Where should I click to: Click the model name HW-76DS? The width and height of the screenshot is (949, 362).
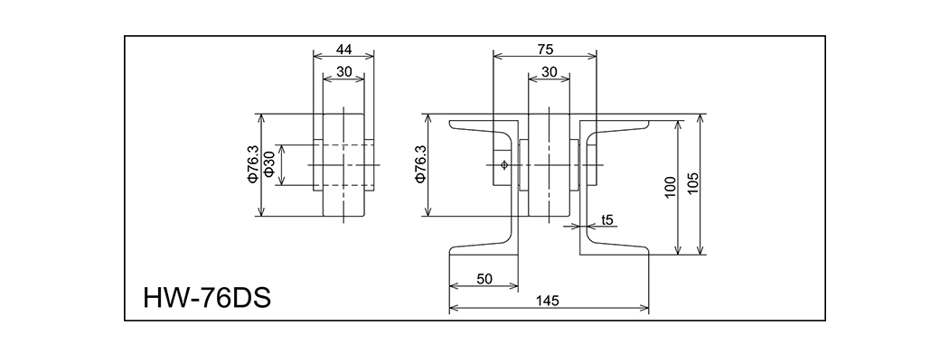click(x=207, y=297)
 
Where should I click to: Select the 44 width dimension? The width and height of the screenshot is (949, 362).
click(x=343, y=49)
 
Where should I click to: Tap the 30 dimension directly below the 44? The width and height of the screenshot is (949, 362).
click(x=343, y=72)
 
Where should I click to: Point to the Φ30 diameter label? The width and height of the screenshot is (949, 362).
click(x=270, y=165)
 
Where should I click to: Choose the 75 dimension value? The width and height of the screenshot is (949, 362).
click(x=544, y=49)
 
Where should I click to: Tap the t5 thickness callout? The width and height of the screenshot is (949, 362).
click(x=607, y=219)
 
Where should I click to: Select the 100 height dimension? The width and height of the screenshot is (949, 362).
click(x=670, y=187)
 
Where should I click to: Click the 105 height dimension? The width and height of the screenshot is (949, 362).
click(x=693, y=185)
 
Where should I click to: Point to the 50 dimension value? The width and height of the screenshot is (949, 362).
click(x=484, y=280)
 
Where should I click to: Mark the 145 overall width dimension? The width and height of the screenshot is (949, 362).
click(x=547, y=300)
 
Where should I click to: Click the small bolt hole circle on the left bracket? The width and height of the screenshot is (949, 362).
click(x=503, y=164)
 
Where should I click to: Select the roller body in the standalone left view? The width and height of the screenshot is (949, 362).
click(x=343, y=167)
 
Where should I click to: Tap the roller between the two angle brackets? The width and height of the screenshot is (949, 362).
click(x=548, y=167)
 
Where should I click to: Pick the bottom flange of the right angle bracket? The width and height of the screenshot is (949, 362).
click(x=615, y=248)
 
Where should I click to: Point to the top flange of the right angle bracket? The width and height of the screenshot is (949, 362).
click(x=615, y=125)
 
